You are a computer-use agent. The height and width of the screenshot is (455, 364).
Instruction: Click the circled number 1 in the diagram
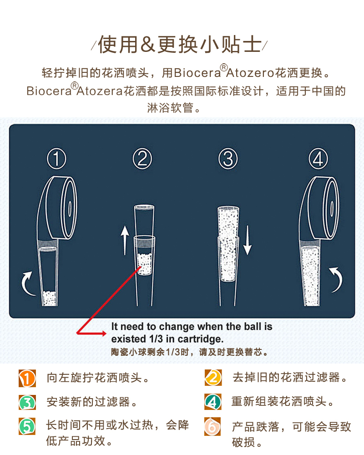[x=57, y=159]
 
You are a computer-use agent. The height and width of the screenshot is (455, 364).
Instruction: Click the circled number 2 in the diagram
[x=142, y=159]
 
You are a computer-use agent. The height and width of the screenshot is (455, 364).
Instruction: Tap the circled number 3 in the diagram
[x=227, y=159]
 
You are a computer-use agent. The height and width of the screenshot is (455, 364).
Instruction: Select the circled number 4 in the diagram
[x=318, y=159]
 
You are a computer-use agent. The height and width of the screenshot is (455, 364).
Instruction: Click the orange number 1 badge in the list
[x=27, y=378]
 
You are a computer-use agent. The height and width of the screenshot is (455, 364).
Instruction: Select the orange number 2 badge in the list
[x=212, y=378]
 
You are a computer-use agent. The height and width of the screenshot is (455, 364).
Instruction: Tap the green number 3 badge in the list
[x=27, y=402]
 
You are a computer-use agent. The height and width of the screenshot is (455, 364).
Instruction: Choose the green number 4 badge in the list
[x=212, y=402]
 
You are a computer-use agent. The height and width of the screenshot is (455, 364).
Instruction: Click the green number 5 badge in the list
[x=27, y=426]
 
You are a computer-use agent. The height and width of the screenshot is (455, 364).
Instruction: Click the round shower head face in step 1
[x=69, y=207]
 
